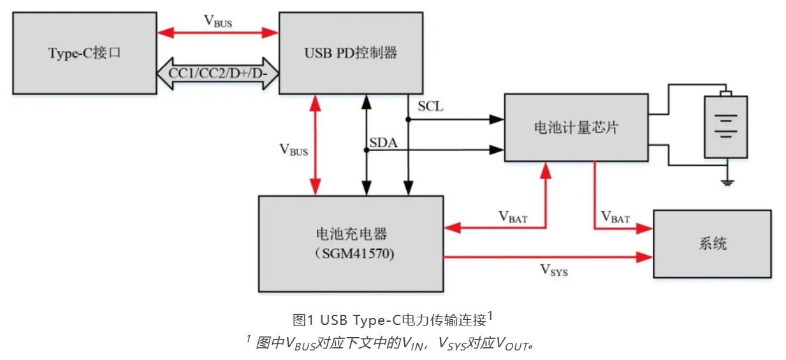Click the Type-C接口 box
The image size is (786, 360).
[x=84, y=54]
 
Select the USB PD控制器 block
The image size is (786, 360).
[x=351, y=54]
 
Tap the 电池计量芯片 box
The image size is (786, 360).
[x=576, y=127]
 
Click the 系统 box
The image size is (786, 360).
[x=711, y=243]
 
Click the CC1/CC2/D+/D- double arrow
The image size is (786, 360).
[x=217, y=73]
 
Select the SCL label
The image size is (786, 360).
[x=430, y=106]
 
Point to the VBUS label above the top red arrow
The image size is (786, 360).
[x=218, y=20]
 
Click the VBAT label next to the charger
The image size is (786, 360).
[x=513, y=215]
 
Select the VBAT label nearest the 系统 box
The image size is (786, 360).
[x=615, y=218]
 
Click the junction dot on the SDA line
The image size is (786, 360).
[x=367, y=150]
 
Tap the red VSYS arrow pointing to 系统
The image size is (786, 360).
[x=548, y=257]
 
